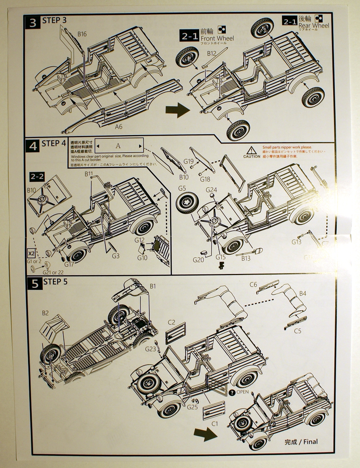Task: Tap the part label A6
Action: point(118,127)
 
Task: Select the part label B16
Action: point(82,34)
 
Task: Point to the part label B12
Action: point(211,53)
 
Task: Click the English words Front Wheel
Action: point(217,38)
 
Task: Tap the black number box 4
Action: point(34,146)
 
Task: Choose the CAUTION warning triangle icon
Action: point(251,150)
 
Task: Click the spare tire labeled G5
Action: point(188,201)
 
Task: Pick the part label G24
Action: point(212,190)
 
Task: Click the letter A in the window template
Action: point(118,146)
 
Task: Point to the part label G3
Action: point(116,256)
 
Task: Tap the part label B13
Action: point(246,258)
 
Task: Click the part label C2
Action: point(171,322)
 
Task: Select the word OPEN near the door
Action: point(242,392)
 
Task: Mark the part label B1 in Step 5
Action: point(153,286)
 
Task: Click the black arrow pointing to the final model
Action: point(205,434)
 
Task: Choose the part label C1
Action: point(214,423)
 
